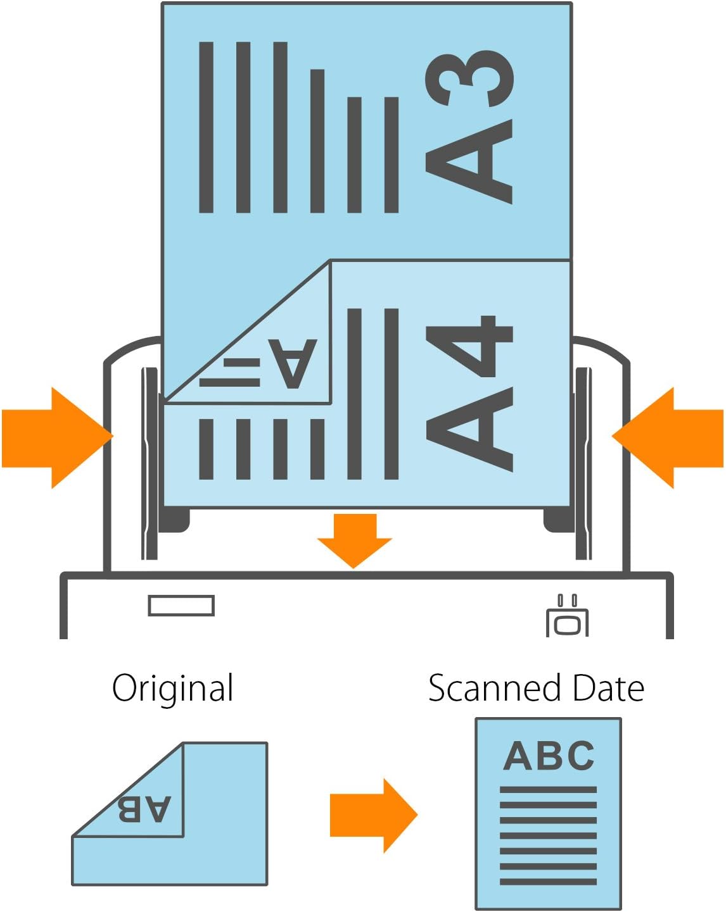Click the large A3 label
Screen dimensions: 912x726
(x=469, y=127)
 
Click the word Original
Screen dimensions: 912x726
(x=173, y=689)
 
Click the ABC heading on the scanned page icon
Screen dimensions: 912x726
(x=549, y=756)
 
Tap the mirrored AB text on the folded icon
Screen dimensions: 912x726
(x=144, y=809)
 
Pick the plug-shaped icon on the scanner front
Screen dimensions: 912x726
(x=568, y=618)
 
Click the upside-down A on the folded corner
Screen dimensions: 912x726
(x=292, y=363)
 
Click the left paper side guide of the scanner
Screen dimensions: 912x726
(x=150, y=462)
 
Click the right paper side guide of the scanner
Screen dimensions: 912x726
(x=583, y=462)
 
